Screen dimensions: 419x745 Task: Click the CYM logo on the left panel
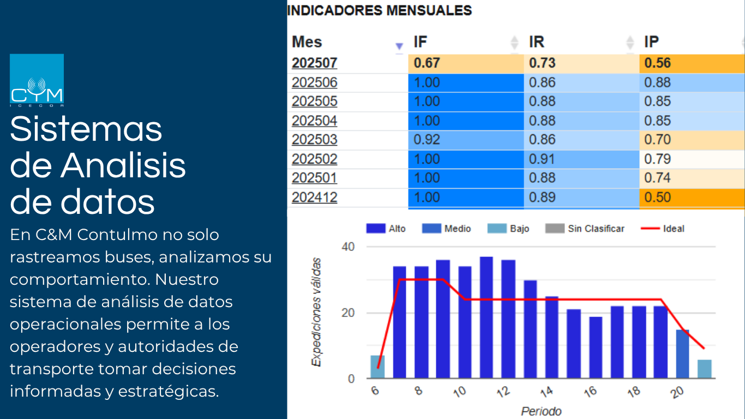[37, 80]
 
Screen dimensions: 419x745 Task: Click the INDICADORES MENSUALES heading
[379, 10]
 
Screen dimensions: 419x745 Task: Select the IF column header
[420, 42]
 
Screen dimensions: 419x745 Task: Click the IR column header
[537, 42]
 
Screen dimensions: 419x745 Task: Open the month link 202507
[314, 63]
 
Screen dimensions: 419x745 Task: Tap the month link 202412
[314, 197]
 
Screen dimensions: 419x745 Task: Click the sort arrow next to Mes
[399, 46]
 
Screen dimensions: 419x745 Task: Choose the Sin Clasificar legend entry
[588, 229]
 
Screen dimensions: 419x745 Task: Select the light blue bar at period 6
[377, 367]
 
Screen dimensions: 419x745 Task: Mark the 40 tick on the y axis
[348, 247]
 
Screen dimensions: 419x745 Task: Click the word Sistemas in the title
[86, 129]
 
